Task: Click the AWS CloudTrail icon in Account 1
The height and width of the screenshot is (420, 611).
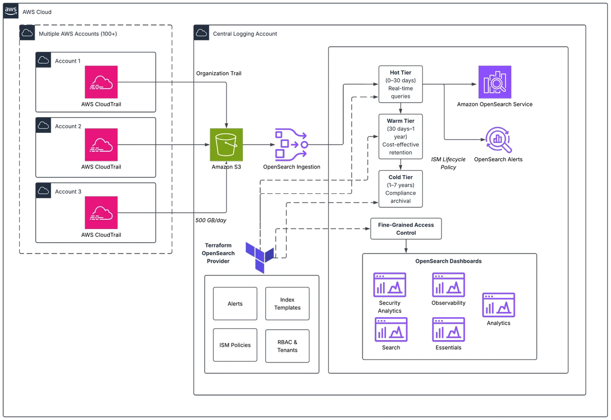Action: click(101, 82)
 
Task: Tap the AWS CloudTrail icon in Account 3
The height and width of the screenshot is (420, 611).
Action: click(101, 212)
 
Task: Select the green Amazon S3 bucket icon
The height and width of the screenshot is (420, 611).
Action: click(227, 145)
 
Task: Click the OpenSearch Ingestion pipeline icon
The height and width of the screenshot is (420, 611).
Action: click(292, 145)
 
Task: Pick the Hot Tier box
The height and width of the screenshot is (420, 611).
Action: click(400, 85)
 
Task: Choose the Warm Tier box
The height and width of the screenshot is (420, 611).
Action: click(400, 136)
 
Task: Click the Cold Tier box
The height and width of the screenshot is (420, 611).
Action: click(400, 189)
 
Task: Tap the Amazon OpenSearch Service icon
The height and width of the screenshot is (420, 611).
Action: click(495, 82)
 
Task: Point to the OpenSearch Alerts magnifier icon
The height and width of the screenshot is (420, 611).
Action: click(498, 139)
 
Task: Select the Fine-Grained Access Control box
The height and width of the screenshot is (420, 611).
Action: click(406, 229)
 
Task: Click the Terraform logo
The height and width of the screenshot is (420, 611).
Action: click(260, 258)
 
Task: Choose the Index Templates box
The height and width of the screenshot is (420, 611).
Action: click(287, 303)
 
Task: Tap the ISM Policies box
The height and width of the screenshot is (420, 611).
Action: click(235, 345)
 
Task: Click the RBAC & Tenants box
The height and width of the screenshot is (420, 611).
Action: click(287, 346)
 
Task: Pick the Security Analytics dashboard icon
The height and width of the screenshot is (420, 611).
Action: click(390, 285)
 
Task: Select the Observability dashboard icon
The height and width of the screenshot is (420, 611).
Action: click(449, 285)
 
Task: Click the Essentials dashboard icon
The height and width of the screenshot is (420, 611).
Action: click(449, 329)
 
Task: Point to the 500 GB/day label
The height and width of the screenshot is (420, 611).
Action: click(211, 220)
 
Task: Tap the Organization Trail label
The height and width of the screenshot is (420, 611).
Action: click(219, 73)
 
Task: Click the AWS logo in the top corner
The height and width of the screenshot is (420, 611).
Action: click(11, 11)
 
